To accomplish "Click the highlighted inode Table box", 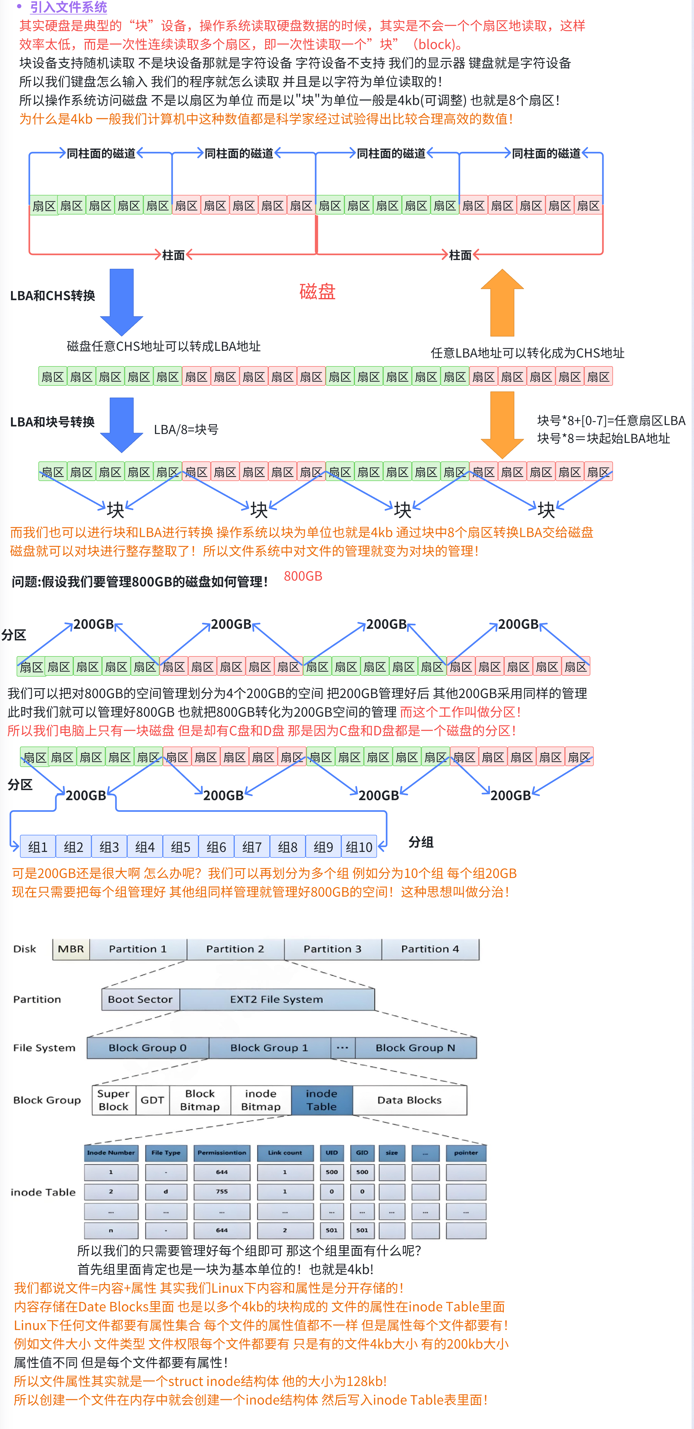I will click(x=322, y=1100).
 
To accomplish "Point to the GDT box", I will click(x=152, y=1100).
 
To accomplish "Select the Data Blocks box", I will click(x=409, y=1100).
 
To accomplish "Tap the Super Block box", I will click(x=113, y=1100).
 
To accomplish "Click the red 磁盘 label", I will click(x=317, y=291).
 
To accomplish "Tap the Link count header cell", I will click(x=285, y=1153).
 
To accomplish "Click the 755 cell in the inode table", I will click(x=222, y=1192).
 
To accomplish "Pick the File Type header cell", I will click(x=166, y=1153).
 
